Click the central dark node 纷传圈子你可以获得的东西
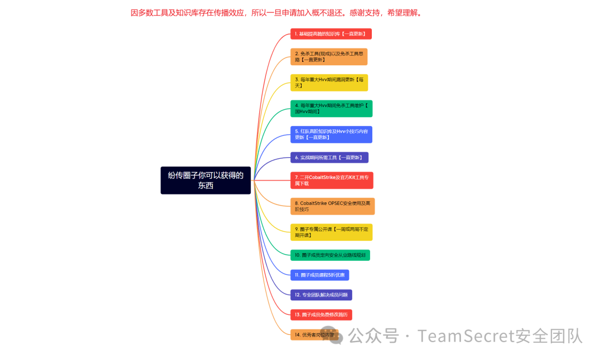(206, 180)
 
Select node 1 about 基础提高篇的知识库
(331, 34)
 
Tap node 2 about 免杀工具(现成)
(329, 56)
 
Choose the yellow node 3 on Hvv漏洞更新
(329, 82)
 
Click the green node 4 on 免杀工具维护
(331, 108)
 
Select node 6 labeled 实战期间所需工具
(329, 158)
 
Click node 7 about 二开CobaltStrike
(332, 180)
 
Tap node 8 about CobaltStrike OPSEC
(332, 206)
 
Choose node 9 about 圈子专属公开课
(331, 232)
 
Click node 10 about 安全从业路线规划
(330, 255)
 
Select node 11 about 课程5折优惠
(320, 275)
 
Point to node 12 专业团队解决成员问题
(321, 295)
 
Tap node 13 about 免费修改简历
(321, 315)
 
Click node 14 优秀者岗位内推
(314, 335)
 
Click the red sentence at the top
(277, 13)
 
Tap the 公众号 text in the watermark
(374, 336)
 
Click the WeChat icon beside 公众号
(336, 337)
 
